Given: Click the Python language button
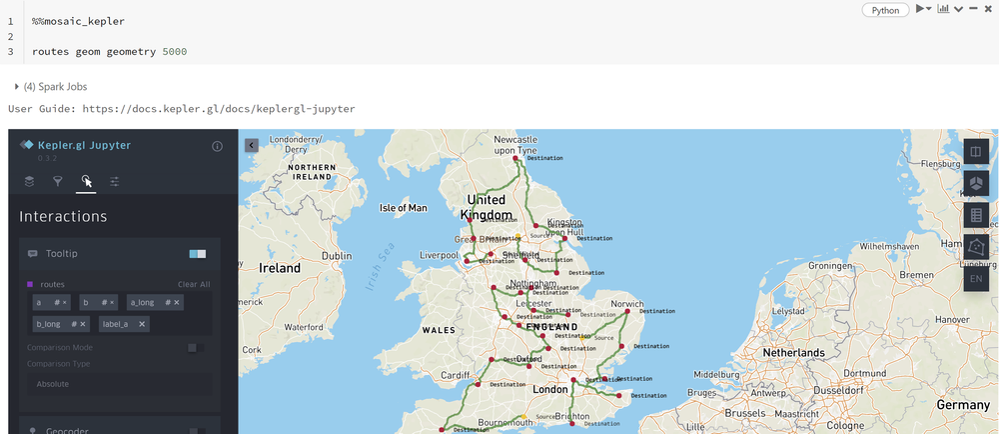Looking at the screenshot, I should (x=885, y=10).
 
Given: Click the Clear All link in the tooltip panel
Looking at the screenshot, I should (x=193, y=284).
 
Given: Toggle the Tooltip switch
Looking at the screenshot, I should (x=197, y=254).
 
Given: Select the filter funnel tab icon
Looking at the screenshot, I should (x=58, y=181).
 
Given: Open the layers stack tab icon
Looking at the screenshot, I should (x=30, y=181).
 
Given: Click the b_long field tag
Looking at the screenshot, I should (x=49, y=324).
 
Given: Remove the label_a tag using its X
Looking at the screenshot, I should (x=142, y=324).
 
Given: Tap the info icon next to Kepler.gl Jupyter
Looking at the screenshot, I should (x=217, y=146).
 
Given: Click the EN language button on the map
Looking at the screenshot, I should (x=976, y=278).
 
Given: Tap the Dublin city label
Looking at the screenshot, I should (x=337, y=256).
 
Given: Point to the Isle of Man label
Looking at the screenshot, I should (x=404, y=208).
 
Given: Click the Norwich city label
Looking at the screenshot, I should (x=627, y=303).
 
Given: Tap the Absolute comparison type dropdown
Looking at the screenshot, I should (x=119, y=384).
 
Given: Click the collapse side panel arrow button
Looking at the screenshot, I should (x=251, y=145).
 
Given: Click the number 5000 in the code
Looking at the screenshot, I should (x=174, y=51).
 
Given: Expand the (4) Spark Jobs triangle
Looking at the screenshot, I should (x=17, y=87).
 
